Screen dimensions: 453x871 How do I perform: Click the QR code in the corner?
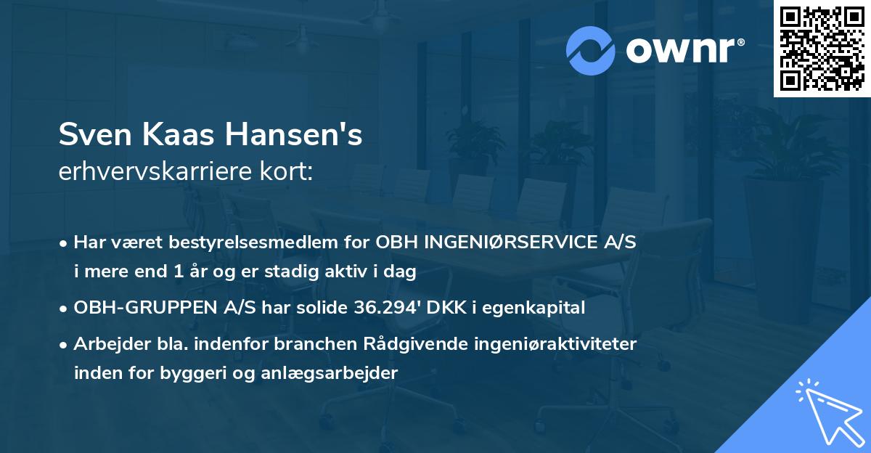[x=822, y=49]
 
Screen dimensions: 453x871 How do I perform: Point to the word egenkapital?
[x=541, y=309]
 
